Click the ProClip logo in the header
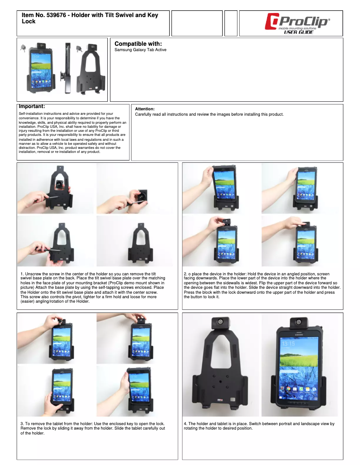tap(297, 23)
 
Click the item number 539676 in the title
tap(56, 15)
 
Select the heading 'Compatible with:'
tap(138, 44)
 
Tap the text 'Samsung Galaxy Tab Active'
tap(140, 50)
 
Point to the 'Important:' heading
tap(32, 106)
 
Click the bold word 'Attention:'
tap(145, 109)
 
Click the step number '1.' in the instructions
tap(22, 274)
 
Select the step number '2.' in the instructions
tap(185, 274)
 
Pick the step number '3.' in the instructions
tap(22, 424)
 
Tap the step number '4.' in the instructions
tap(185, 424)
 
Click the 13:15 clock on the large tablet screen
tap(288, 344)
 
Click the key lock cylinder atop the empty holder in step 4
tap(221, 322)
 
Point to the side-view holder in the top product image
tap(68, 68)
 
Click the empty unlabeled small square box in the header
tap(231, 23)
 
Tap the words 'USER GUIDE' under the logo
tap(299, 32)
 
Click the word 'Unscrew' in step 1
tap(33, 274)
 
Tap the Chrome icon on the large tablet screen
tap(288, 389)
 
